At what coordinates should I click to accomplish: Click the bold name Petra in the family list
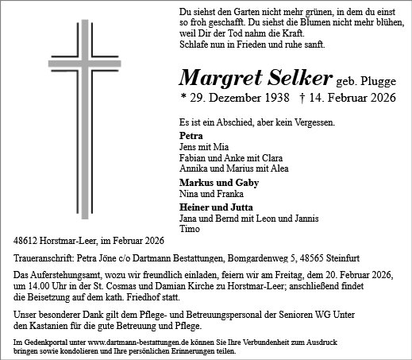pos(191,136)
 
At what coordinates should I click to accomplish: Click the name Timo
pos(190,229)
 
